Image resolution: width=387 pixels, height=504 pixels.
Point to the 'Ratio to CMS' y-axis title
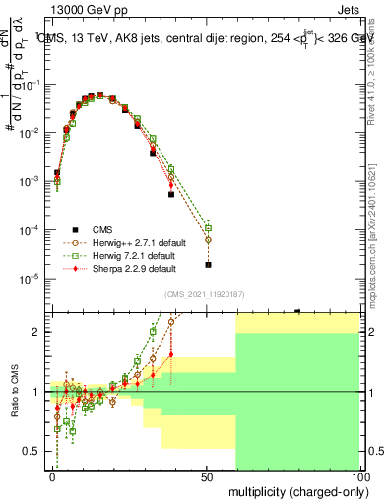coord(15,392)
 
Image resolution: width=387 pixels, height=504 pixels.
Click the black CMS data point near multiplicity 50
coord(208,264)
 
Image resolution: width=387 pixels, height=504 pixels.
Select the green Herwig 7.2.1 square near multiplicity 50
coord(208,228)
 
